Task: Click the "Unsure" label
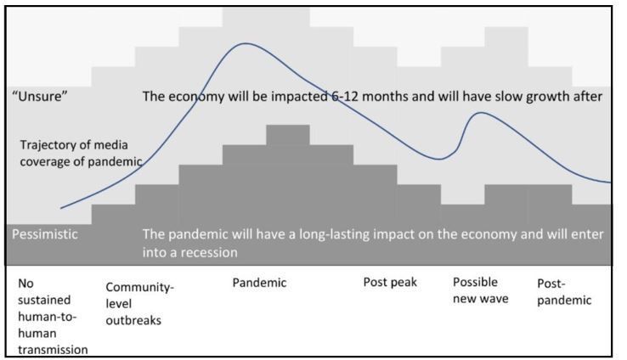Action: click(40, 96)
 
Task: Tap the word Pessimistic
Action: click(45, 234)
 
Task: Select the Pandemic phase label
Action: click(259, 283)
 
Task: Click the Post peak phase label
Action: click(390, 283)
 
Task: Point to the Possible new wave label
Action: click(481, 290)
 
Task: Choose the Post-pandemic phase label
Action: click(564, 292)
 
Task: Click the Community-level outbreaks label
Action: click(140, 304)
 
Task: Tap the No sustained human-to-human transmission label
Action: click(53, 317)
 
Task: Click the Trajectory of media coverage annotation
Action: click(82, 153)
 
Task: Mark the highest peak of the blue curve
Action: click(246, 43)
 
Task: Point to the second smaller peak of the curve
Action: click(481, 113)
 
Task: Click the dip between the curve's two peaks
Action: click(440, 159)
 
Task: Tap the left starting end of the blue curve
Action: click(61, 208)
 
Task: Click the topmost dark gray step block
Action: click(288, 135)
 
